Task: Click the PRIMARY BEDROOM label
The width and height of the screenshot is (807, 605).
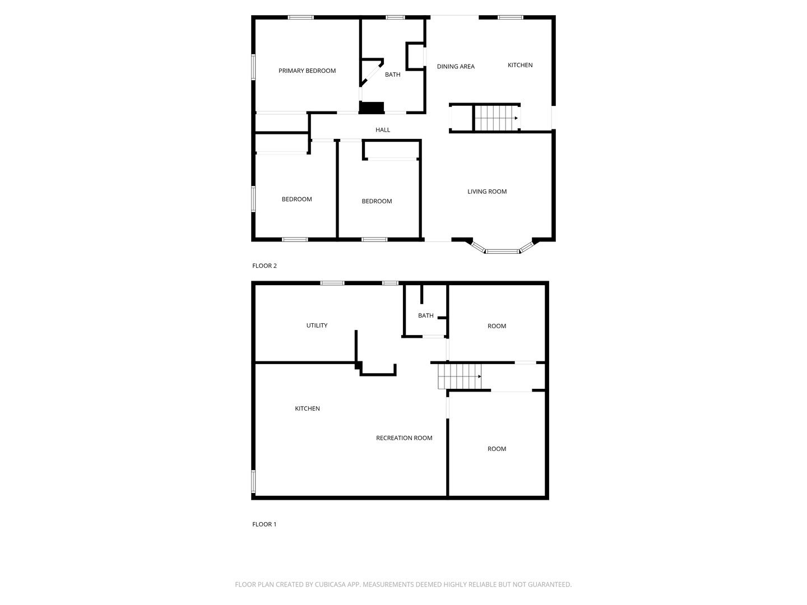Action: (307, 71)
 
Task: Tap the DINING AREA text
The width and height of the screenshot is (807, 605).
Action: (456, 67)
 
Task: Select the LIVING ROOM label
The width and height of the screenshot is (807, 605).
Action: (487, 192)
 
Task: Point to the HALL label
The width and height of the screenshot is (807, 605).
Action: (383, 130)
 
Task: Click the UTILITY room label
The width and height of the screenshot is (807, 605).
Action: (317, 325)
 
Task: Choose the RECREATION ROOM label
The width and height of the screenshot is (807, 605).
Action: (404, 438)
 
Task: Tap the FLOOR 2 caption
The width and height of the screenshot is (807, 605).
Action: (265, 266)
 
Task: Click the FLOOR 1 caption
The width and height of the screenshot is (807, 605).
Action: (265, 524)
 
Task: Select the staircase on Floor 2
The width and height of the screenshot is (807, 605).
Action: (497, 118)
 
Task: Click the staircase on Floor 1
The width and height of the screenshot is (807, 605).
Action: (460, 376)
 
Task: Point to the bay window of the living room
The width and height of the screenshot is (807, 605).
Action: (502, 250)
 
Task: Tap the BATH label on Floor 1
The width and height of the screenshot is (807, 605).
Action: (426, 315)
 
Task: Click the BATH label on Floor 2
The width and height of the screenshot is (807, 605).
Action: (393, 75)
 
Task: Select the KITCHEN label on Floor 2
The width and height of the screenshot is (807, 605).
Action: (520, 65)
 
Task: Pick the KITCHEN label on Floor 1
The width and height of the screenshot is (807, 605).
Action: (307, 408)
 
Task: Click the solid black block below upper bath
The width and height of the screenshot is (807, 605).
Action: (372, 108)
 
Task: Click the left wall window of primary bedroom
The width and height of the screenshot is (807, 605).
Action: (253, 67)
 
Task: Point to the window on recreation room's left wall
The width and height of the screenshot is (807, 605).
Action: (253, 481)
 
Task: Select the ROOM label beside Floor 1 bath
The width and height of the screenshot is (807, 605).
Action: (497, 326)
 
